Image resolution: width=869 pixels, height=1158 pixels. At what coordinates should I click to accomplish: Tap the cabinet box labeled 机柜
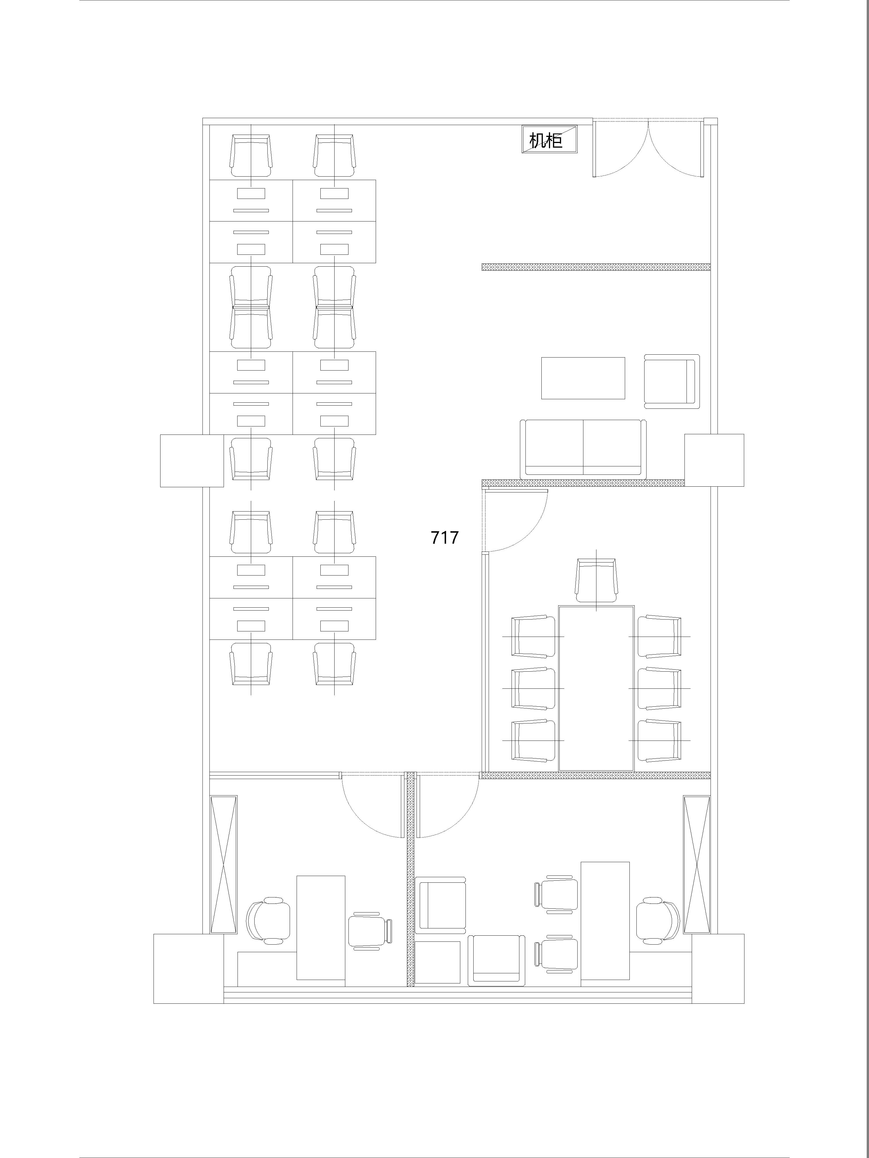click(549, 139)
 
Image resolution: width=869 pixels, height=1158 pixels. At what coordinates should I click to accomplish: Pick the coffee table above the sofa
click(583, 378)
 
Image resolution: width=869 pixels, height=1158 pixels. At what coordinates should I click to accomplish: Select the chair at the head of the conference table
click(596, 580)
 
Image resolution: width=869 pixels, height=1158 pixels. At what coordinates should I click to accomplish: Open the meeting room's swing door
click(516, 521)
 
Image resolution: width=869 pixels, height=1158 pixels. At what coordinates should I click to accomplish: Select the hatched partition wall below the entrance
click(596, 267)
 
